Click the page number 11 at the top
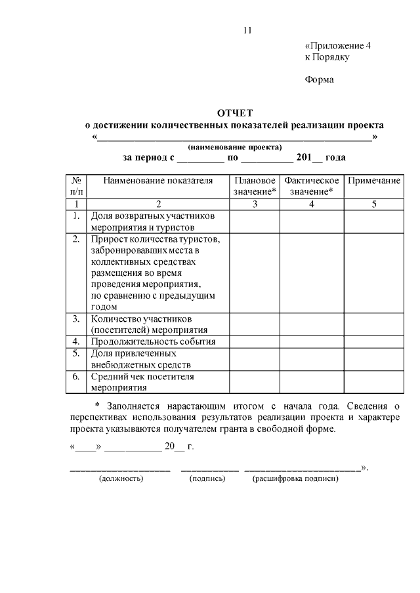[247, 29]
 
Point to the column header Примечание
[373, 180]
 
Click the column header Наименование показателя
[157, 180]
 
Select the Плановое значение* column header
[255, 186]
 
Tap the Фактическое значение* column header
[312, 186]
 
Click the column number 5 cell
[373, 204]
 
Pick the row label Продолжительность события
[154, 341]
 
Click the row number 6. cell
[76, 376]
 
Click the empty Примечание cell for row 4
[373, 341]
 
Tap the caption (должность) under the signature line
[121, 479]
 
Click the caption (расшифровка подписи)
[295, 479]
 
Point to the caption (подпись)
[207, 479]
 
